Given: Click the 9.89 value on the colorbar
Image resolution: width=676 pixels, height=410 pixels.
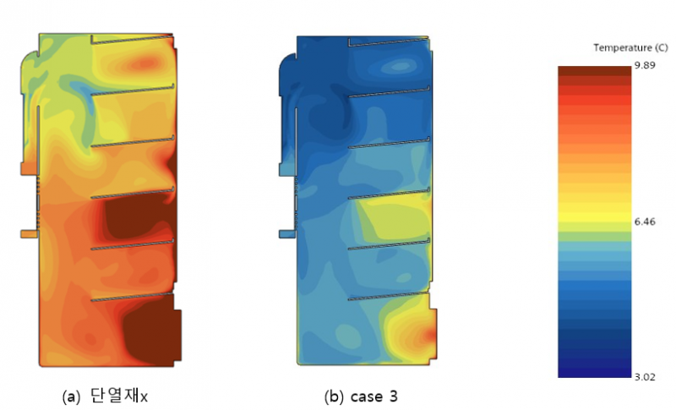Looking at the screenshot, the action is [645, 65].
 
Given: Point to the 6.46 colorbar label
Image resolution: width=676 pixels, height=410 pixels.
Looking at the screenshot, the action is [645, 221].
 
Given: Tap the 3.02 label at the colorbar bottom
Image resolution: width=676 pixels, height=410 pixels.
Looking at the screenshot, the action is [645, 377].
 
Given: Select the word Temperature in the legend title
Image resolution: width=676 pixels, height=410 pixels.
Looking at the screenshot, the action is [623, 48].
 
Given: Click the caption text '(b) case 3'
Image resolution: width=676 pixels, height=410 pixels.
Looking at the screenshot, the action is [361, 396].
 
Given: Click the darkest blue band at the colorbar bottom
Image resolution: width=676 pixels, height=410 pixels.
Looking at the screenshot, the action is [595, 373].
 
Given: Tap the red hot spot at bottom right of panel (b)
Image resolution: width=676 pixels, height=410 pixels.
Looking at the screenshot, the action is [429, 335].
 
